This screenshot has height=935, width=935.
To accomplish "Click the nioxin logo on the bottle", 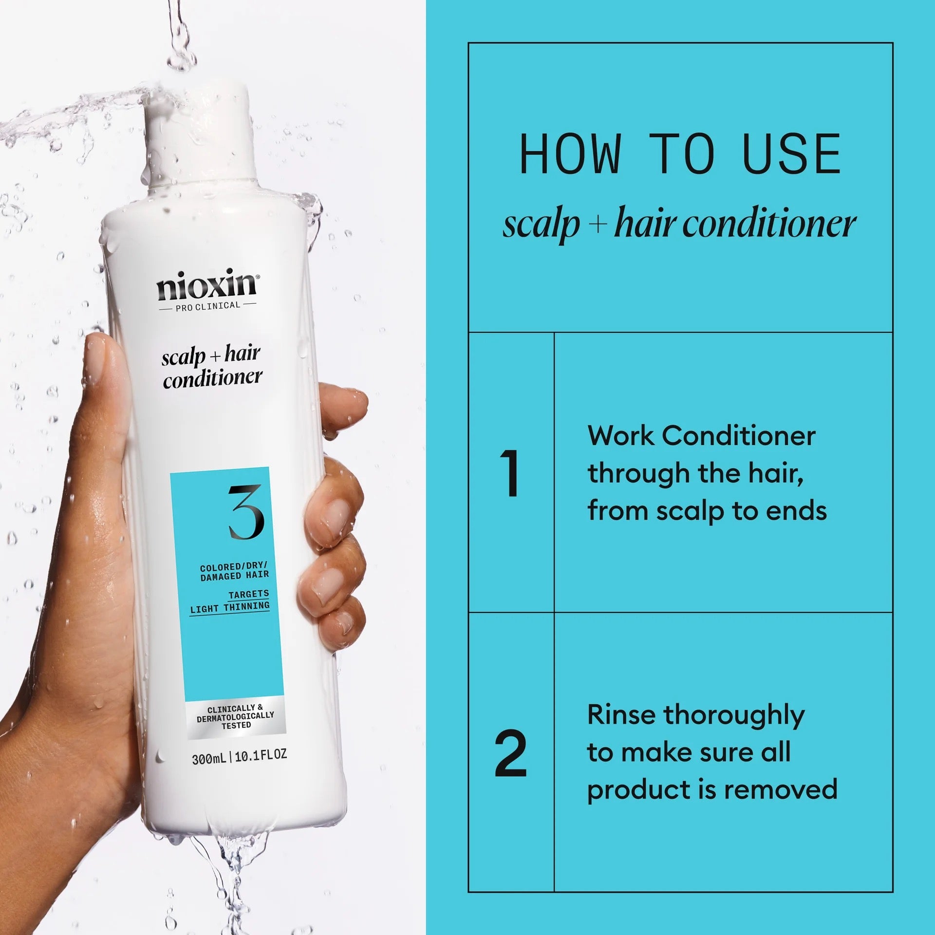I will [207, 286].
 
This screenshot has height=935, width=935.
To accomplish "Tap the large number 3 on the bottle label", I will [246, 512].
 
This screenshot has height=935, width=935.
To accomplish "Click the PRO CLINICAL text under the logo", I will [207, 306].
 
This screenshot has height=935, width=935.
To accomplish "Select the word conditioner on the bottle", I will [212, 378].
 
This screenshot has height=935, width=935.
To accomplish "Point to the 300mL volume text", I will [208, 759].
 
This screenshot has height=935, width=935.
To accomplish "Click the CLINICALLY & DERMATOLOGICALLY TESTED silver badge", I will [235, 717].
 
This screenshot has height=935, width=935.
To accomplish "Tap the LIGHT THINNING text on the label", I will [230, 608].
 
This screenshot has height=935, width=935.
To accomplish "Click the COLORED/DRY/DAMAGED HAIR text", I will [234, 571].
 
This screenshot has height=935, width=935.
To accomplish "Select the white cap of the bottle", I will [202, 136].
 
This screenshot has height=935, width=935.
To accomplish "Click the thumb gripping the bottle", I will [105, 390].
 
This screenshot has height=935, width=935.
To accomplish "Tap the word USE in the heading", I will [791, 154].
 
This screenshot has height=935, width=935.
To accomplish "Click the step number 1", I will [510, 473].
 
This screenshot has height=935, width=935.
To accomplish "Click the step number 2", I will [510, 753].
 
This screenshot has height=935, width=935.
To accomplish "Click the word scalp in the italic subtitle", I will [541, 225].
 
